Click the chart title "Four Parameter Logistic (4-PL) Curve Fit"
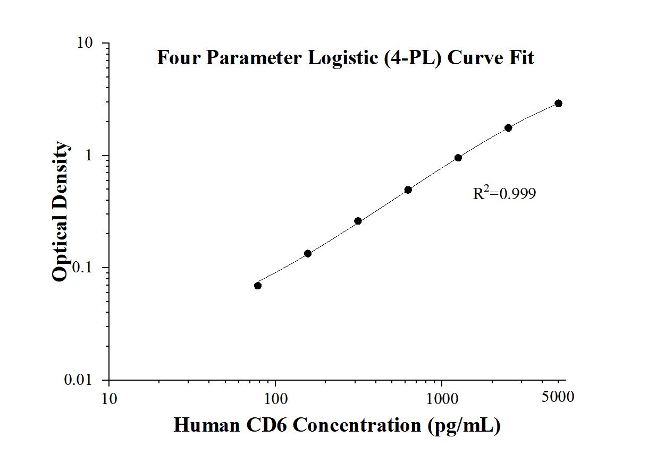click(345, 57)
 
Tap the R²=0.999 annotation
click(504, 194)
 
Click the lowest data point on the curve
click(258, 286)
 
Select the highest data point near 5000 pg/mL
click(558, 103)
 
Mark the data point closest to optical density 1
click(458, 158)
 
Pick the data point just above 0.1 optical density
click(308, 253)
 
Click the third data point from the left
click(358, 221)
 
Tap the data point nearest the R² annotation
click(458, 158)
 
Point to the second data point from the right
click(508, 127)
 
